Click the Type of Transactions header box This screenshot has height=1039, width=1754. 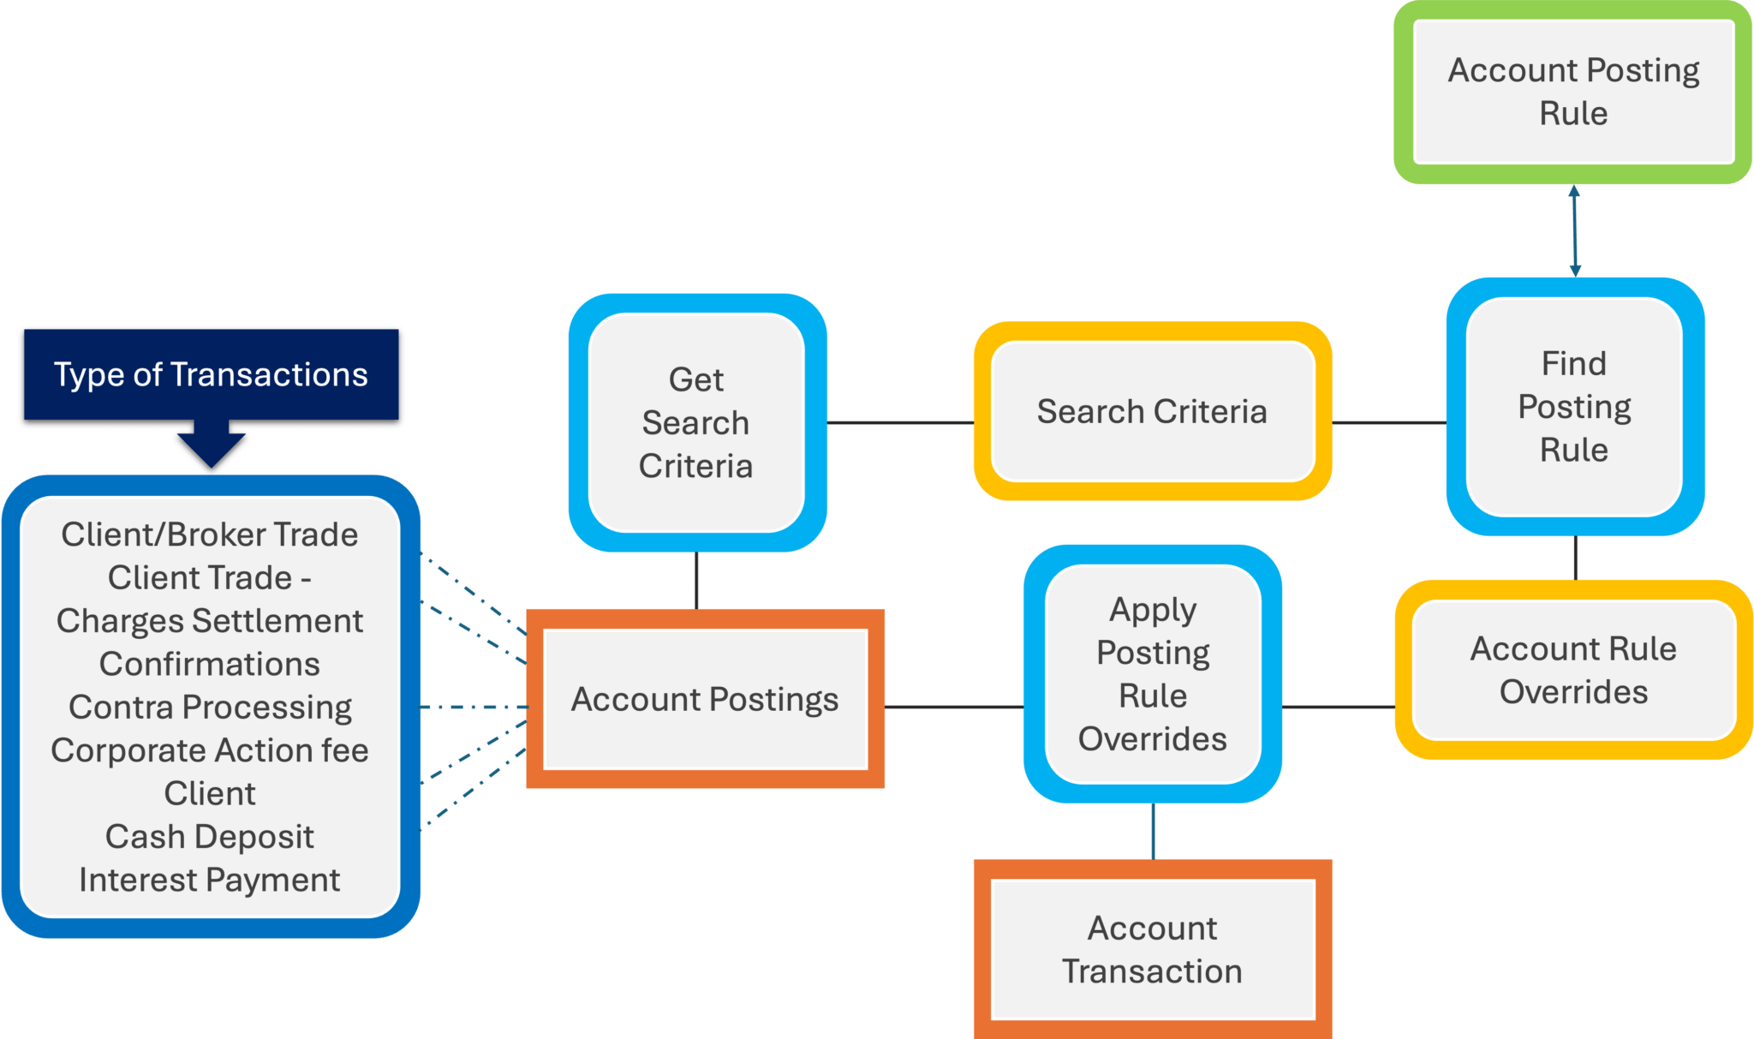211,375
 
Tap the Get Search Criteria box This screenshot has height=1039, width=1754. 696,422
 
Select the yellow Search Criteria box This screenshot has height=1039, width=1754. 1152,412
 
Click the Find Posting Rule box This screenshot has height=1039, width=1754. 1574,407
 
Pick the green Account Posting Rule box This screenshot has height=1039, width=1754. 1573,92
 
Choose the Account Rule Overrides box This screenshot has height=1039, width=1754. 1573,670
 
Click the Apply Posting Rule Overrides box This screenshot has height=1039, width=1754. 1152,674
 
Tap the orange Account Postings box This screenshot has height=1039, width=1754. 705,700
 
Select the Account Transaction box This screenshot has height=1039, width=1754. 1152,949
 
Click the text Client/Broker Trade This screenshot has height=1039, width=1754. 210,534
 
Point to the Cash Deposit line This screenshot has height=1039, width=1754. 210,837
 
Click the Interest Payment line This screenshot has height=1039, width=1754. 210,881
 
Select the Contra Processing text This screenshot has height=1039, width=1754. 210,708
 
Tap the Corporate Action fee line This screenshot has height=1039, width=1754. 210,750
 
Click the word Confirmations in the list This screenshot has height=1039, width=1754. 210,664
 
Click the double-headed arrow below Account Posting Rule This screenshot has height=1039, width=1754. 1574,231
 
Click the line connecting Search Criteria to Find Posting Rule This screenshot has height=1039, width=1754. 1389,423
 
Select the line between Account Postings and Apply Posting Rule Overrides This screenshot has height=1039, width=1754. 953,708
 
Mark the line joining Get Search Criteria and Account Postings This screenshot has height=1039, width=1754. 696,581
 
